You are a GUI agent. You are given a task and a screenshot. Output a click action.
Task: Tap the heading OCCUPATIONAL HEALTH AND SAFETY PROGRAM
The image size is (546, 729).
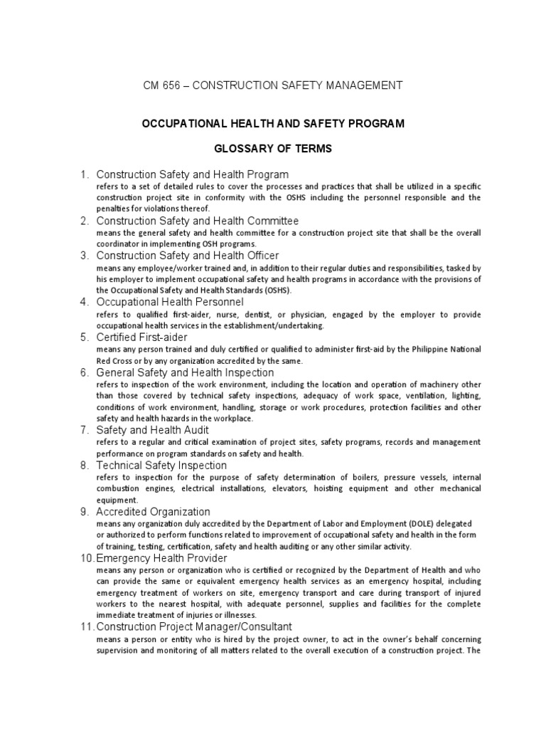pos(274,123)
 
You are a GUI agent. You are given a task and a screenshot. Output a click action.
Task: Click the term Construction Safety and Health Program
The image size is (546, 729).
pos(193,174)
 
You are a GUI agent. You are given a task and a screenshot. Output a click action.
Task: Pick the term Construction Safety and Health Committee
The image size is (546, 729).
pos(198,221)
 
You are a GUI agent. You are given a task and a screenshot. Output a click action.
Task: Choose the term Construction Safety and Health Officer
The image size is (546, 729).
pos(188,255)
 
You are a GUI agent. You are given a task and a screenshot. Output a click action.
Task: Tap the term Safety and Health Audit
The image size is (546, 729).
pos(153,430)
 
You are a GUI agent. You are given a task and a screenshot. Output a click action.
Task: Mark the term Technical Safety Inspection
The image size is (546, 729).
pos(161,466)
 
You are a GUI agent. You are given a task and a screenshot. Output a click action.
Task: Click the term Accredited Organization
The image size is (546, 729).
pos(153,511)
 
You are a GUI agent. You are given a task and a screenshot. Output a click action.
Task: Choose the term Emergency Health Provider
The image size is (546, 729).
pos(161,558)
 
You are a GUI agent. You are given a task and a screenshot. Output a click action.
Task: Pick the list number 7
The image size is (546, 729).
pos(83,430)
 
